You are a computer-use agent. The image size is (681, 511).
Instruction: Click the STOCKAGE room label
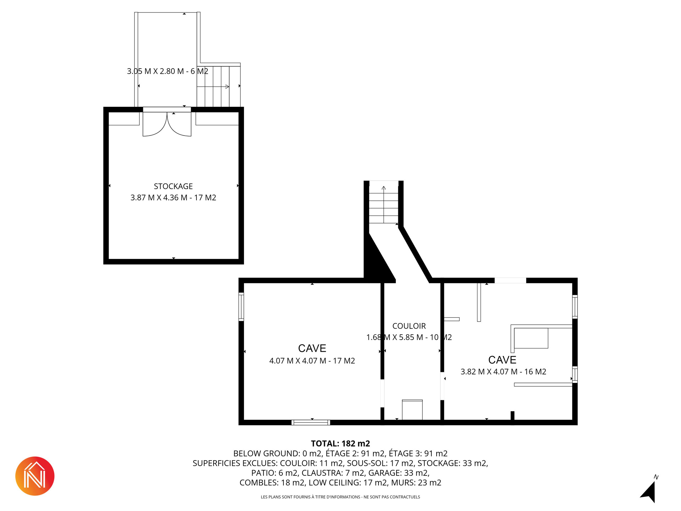173,186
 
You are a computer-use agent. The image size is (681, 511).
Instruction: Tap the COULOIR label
409,326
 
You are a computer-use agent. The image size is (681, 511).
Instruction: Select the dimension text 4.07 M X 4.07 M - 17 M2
312,361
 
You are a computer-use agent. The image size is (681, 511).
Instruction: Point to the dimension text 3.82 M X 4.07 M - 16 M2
503,372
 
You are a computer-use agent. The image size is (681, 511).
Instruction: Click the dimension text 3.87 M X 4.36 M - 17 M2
173,198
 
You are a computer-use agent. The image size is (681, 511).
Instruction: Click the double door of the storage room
167,124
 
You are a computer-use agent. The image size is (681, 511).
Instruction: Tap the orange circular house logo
35,476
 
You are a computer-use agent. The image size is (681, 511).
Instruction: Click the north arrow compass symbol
649,491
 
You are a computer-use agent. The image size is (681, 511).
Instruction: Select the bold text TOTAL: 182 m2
340,444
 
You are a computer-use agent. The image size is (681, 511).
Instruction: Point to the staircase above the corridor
383,202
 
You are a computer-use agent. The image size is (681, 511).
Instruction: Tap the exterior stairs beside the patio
218,86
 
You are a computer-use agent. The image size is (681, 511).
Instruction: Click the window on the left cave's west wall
241,307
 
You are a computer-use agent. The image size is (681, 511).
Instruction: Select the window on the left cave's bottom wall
311,422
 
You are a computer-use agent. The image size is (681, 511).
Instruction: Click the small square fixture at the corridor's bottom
412,410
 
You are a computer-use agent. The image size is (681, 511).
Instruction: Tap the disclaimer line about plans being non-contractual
340,497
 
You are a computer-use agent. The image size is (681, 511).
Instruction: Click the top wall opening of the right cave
510,280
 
